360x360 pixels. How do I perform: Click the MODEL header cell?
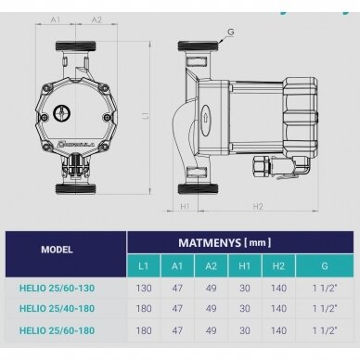[x=57, y=250]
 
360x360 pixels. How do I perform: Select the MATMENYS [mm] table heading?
[x=225, y=242]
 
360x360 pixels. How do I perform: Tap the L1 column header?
[x=143, y=266]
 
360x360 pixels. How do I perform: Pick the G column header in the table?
[x=325, y=266]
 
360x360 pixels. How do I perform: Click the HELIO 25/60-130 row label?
[x=57, y=289]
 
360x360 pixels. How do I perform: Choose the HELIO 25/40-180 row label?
[x=57, y=309]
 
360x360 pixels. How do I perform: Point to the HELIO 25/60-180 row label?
[x=57, y=330]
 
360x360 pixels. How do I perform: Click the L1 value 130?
[x=144, y=289]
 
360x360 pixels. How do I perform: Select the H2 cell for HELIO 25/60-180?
[x=278, y=330]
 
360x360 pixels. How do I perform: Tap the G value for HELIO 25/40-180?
[x=325, y=309]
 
